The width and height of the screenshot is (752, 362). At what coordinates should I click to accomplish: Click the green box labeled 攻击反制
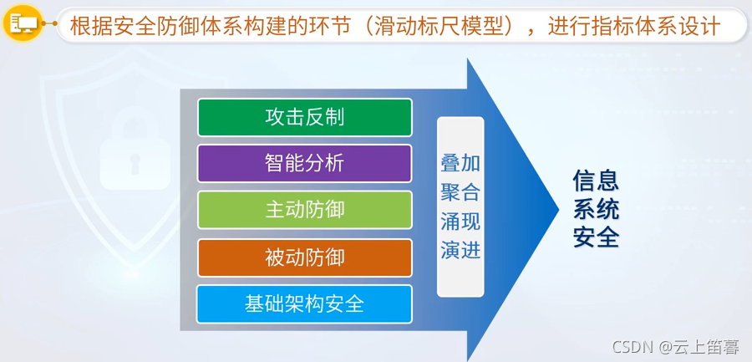pos(304,117)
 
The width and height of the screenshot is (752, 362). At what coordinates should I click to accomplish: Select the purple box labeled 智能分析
pos(304,163)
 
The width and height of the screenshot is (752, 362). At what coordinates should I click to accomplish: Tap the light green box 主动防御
pos(304,210)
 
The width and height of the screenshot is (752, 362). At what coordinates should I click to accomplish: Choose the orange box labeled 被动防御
pos(304,257)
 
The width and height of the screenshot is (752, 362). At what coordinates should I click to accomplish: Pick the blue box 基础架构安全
pos(304,303)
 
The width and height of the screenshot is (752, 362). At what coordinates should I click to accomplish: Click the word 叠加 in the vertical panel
pos(460,164)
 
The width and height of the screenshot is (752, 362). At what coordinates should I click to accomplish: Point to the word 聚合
pos(460,193)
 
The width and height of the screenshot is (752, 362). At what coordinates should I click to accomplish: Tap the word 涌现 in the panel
pos(460,222)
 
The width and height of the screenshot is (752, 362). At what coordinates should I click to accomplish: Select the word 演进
pos(460,250)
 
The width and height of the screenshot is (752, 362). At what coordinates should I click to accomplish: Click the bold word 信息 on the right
pos(596,181)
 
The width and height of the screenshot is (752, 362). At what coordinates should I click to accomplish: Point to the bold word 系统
pos(596,209)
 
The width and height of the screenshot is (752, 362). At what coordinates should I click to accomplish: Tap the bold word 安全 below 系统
pos(596,237)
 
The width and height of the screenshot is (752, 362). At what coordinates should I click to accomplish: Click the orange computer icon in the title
pos(23,26)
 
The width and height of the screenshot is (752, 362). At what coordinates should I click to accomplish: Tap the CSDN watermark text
pos(633,347)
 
